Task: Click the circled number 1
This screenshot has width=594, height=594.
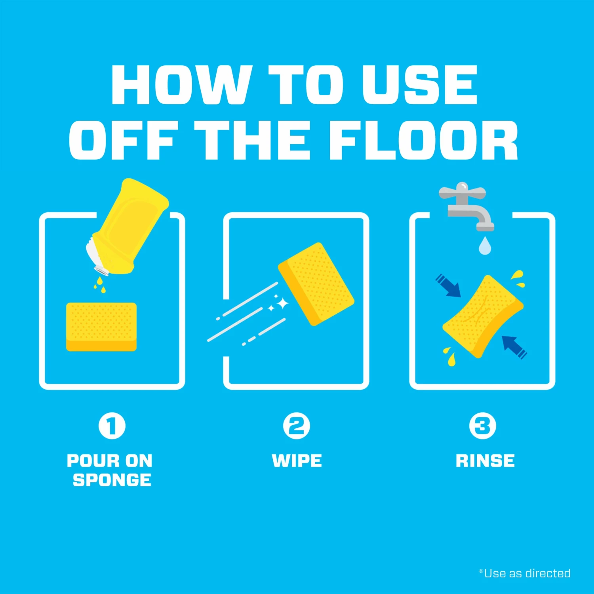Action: point(112,426)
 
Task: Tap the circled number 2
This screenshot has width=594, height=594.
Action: point(297,426)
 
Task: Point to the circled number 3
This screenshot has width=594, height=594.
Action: point(482,426)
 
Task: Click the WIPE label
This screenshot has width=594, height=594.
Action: point(297,461)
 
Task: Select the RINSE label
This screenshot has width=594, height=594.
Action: point(485,461)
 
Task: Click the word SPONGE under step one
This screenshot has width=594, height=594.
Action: point(112,480)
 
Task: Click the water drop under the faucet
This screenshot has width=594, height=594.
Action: point(485,246)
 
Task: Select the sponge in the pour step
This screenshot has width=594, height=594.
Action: point(101,327)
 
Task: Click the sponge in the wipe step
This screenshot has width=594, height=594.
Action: point(316,284)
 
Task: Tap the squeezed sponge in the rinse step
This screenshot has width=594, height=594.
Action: point(483,316)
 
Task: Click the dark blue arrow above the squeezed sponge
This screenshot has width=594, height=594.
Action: point(449,285)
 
